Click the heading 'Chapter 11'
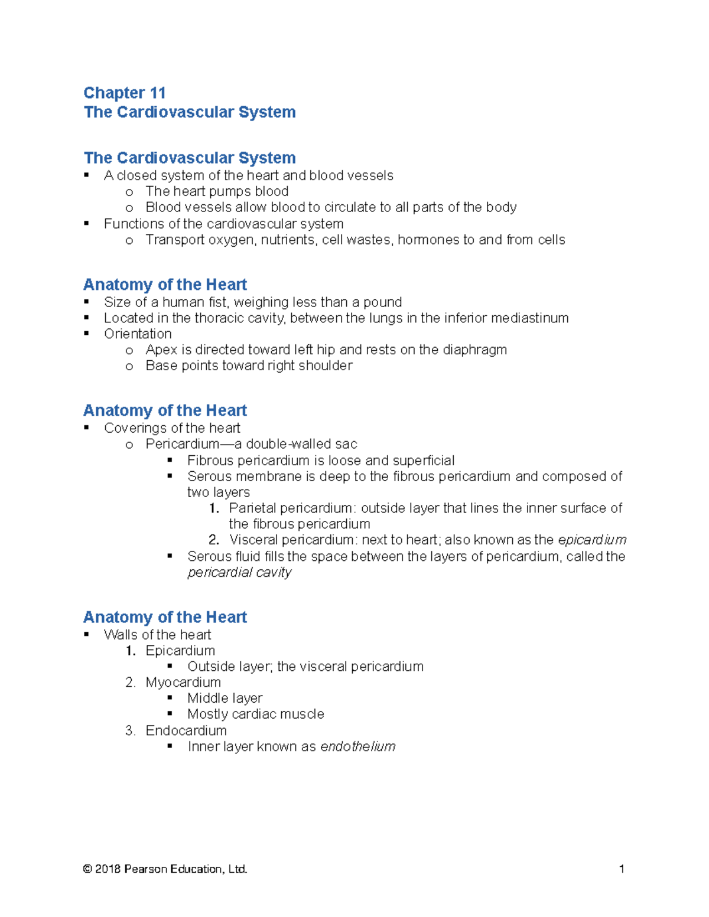pos(124,93)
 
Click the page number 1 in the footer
pos(622,869)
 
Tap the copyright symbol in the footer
pos(87,869)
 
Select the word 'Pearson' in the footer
pos(145,869)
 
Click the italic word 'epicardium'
pos(591,540)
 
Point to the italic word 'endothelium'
pos(357,746)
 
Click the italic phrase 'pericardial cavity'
pos(239,572)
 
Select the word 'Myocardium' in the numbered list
pos(183,683)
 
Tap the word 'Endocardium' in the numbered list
pos(186,730)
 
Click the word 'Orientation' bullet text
pos(138,334)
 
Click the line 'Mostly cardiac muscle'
pos(255,714)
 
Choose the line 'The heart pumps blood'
pos(217,191)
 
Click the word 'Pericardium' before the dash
pos(182,444)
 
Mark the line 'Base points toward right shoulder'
pos(249,366)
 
